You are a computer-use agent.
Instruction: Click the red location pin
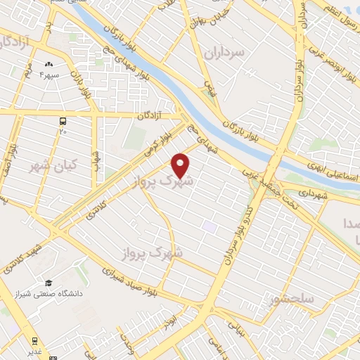click(x=181, y=165)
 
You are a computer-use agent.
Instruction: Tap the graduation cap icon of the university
click(x=49, y=282)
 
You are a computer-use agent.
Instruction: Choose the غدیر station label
click(x=34, y=352)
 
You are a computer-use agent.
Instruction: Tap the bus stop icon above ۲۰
click(x=63, y=121)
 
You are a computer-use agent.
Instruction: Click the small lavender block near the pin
click(x=210, y=227)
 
